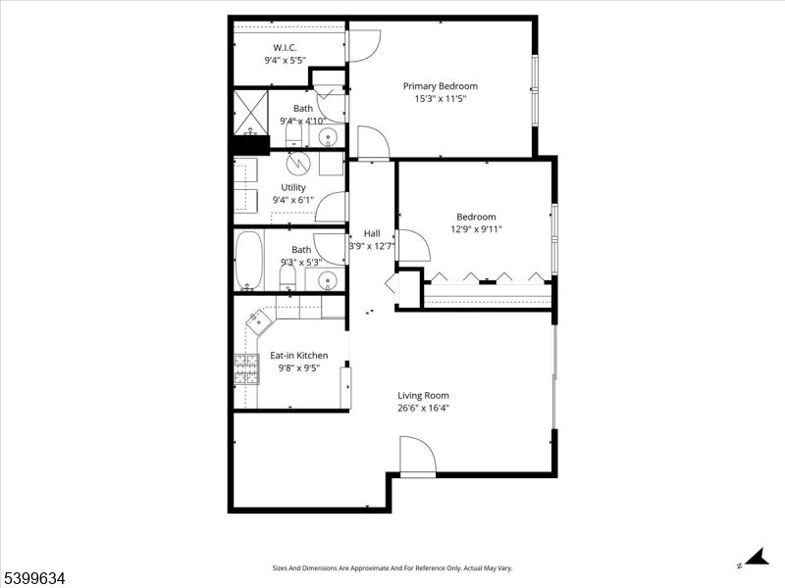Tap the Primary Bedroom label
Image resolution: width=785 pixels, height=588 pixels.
(x=441, y=86)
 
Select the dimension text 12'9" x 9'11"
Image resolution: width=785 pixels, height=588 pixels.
(x=475, y=230)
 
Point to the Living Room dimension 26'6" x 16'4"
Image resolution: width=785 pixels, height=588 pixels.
(x=424, y=409)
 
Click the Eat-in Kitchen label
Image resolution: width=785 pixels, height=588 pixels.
(x=299, y=356)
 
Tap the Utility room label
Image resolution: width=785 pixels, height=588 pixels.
(x=293, y=187)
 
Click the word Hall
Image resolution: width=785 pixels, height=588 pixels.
(x=372, y=233)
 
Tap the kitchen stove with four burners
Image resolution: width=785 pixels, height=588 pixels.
(x=244, y=368)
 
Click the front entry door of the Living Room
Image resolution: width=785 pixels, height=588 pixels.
(x=417, y=458)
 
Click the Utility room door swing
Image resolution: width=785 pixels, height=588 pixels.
(x=333, y=207)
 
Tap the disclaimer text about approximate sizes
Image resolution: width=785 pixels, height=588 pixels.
(x=392, y=568)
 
